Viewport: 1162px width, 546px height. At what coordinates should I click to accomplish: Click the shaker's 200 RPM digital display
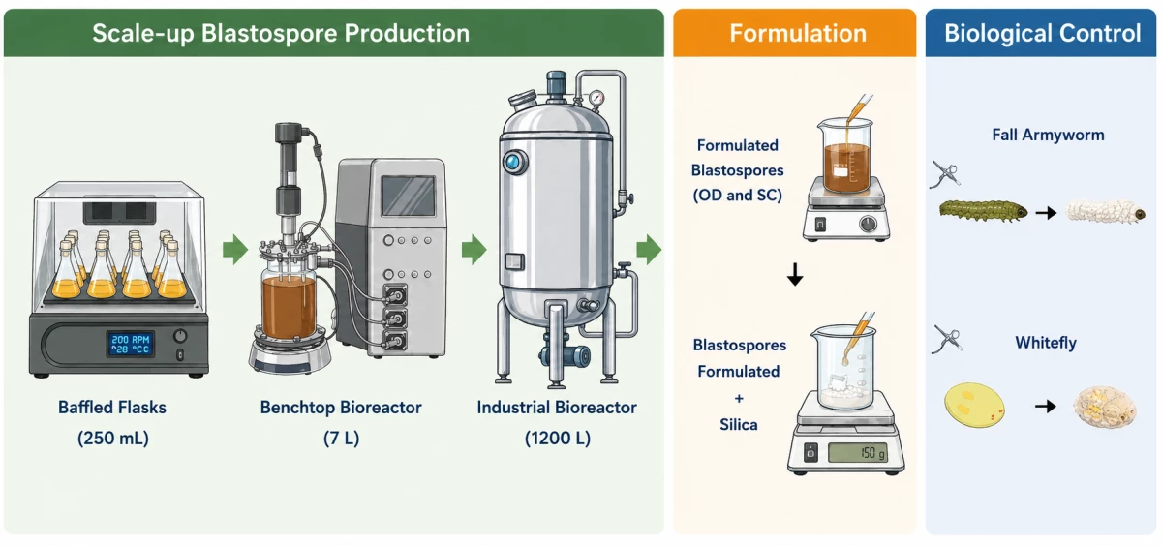tap(131, 344)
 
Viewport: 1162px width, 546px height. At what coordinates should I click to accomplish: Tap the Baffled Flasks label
tap(112, 408)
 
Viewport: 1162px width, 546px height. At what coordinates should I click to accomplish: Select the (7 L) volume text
tap(341, 439)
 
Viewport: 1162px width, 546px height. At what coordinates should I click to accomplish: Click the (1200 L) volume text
tap(557, 439)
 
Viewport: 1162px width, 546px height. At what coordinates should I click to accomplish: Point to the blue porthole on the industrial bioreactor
tap(512, 162)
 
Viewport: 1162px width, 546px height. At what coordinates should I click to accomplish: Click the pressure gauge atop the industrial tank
tap(596, 98)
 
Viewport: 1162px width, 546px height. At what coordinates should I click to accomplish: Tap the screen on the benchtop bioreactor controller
tap(409, 196)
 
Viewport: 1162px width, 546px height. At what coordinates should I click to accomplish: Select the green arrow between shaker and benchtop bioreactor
tap(235, 250)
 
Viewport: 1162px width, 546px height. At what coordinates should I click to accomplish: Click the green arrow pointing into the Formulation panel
tap(649, 250)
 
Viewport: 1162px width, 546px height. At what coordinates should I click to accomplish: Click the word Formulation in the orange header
tap(798, 33)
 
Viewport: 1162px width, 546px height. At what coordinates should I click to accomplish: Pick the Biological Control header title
tap(1042, 33)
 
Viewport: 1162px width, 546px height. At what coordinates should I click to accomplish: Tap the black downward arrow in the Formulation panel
tap(795, 274)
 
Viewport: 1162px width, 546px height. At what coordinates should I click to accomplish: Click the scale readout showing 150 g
tap(858, 453)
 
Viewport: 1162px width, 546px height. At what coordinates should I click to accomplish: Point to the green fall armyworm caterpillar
tap(983, 210)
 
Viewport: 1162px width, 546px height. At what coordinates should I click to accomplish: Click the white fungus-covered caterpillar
tap(1105, 212)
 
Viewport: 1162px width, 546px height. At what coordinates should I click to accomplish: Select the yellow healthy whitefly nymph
tap(974, 405)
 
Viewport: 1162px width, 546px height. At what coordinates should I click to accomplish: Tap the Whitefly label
tap(1045, 343)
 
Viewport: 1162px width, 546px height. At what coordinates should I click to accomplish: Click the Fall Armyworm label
tap(1048, 135)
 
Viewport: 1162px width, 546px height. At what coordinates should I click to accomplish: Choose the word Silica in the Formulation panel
tap(738, 425)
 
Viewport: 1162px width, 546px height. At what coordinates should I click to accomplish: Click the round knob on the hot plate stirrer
tap(868, 224)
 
